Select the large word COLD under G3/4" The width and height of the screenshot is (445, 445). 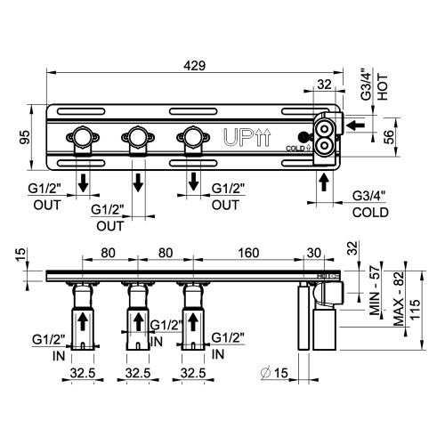(370, 214)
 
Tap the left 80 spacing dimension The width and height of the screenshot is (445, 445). (108, 253)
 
